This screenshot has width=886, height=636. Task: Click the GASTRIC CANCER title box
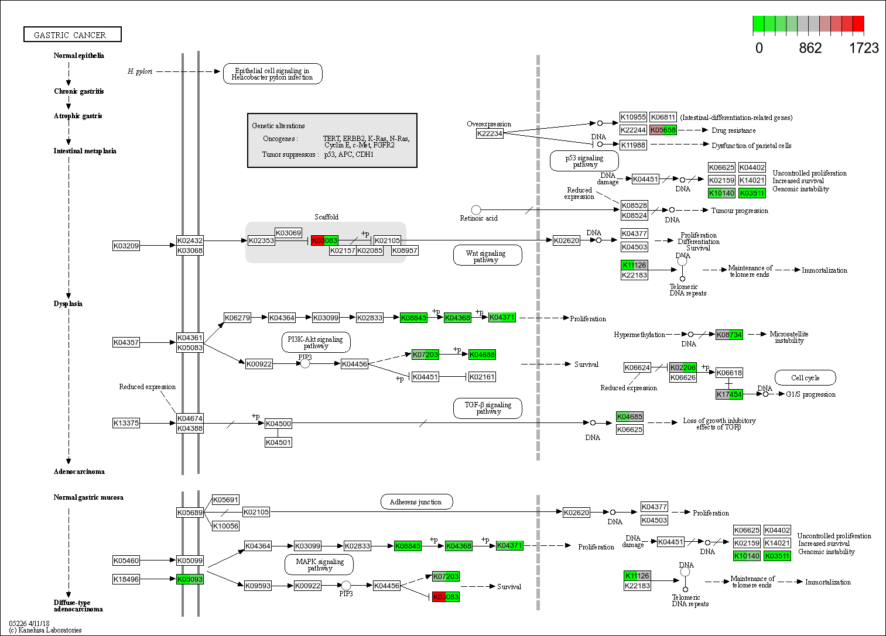72,35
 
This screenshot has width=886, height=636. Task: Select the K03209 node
126,246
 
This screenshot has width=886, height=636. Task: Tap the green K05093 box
190,579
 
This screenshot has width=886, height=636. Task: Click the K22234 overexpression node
490,133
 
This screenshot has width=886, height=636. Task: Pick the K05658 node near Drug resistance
663,130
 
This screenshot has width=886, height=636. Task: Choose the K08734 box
729,335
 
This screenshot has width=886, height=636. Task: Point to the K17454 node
729,394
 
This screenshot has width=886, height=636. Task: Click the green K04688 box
482,355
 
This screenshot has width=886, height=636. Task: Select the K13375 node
126,423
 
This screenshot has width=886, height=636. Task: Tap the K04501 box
278,442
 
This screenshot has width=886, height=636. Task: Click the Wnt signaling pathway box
487,256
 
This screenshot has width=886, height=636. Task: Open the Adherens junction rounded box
416,502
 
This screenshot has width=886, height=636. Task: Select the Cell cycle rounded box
805,378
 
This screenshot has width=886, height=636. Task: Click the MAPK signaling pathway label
319,565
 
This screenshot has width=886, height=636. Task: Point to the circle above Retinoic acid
476,209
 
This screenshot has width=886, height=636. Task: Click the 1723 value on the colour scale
864,49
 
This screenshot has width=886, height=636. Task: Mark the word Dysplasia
68,304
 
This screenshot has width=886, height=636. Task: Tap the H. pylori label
140,71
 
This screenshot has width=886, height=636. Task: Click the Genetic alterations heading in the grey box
278,126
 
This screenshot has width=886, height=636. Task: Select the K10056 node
225,526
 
